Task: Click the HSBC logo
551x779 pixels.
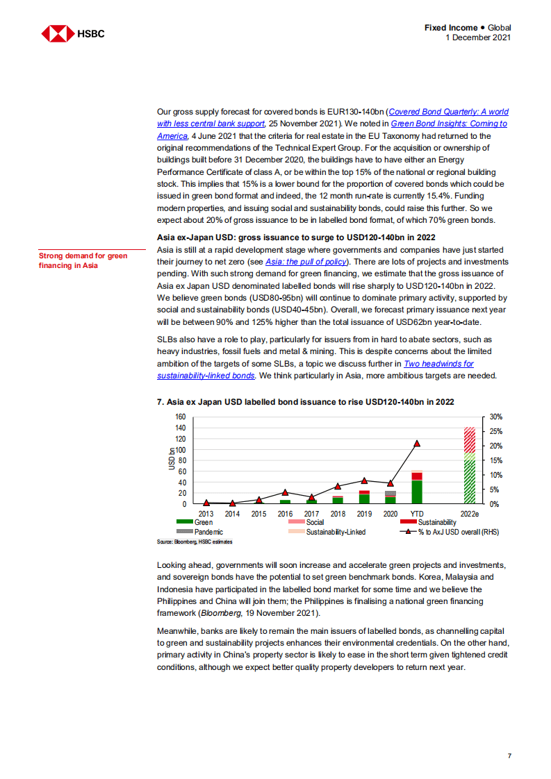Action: point(73,33)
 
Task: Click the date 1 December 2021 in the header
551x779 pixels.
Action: point(478,37)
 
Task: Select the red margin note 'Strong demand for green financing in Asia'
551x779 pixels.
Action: point(83,260)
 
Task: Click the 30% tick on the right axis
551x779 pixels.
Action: point(495,417)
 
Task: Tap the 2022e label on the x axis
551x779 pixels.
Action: point(470,514)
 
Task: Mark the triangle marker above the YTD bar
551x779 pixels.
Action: point(417,443)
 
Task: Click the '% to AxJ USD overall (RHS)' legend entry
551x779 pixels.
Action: point(448,532)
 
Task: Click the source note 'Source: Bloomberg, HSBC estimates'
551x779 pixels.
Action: point(195,541)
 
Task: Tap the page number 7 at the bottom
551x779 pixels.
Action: point(509,755)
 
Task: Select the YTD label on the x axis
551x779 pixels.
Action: point(417,514)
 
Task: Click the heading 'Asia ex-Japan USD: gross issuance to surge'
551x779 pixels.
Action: point(296,237)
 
